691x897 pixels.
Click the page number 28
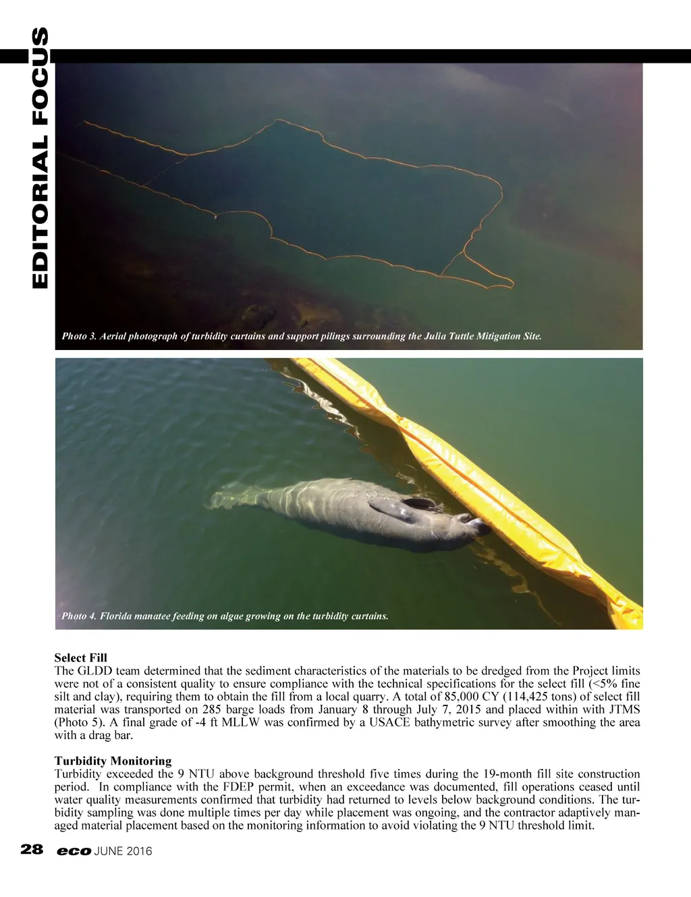(32, 850)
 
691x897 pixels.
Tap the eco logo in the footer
(74, 851)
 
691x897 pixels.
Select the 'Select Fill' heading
(80, 658)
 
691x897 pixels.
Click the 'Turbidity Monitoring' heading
(113, 761)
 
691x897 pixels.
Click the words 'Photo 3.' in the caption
(78, 336)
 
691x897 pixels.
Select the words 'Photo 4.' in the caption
(78, 616)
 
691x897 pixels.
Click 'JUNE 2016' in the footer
(123, 851)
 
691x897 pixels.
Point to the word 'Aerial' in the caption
(113, 336)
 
